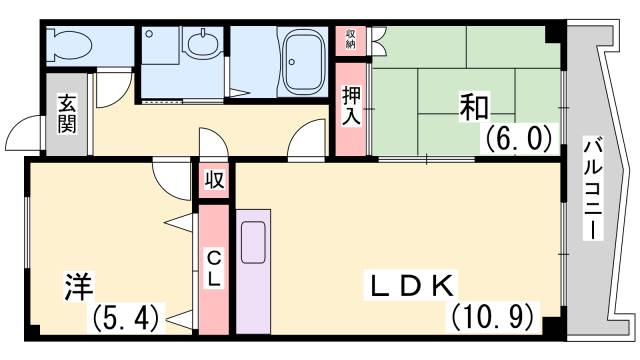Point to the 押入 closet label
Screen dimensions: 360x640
(x=351, y=107)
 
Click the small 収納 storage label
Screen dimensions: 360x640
(x=351, y=39)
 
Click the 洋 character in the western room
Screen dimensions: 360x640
(x=79, y=287)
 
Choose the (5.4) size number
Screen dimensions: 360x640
(x=125, y=320)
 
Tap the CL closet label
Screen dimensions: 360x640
(x=214, y=268)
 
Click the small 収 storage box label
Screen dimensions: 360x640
(x=214, y=181)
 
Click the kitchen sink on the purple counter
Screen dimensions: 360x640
(x=252, y=241)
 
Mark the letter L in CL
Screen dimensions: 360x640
(x=214, y=279)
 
